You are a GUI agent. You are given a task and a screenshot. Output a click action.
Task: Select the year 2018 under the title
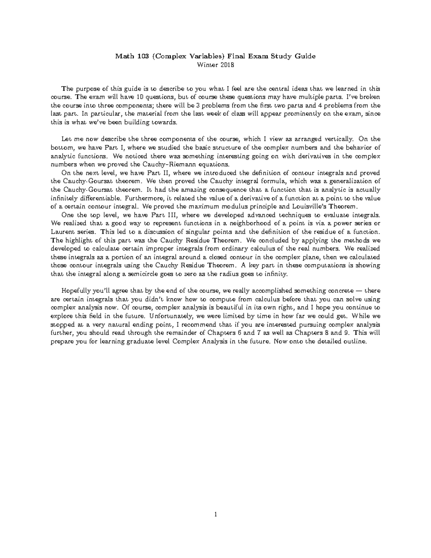point(227,65)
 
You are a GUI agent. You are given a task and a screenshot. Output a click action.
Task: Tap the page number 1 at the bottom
point(215,515)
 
